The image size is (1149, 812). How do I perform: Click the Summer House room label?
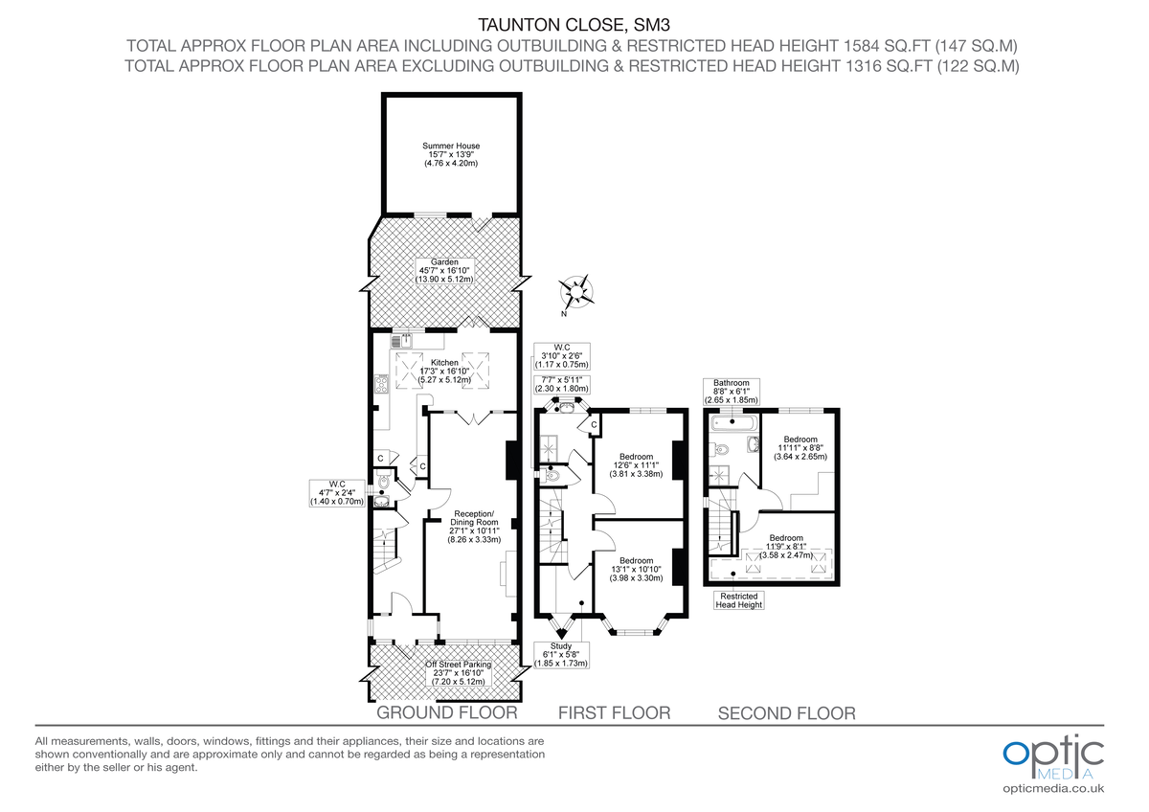coord(451,154)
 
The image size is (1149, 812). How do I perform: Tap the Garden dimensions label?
coord(444,270)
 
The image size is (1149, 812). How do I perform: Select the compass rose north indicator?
coord(576,289)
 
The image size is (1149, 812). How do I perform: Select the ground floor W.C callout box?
coord(336,492)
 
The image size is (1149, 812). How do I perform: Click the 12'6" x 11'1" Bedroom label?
coord(636,464)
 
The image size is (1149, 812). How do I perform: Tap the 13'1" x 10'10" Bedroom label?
coord(636,569)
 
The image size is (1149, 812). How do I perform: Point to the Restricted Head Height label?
coord(739,600)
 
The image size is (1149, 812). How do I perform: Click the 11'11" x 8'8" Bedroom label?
coord(800,448)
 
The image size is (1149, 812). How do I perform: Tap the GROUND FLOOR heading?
coord(446,713)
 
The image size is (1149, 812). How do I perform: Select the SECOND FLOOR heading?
coord(786,713)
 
